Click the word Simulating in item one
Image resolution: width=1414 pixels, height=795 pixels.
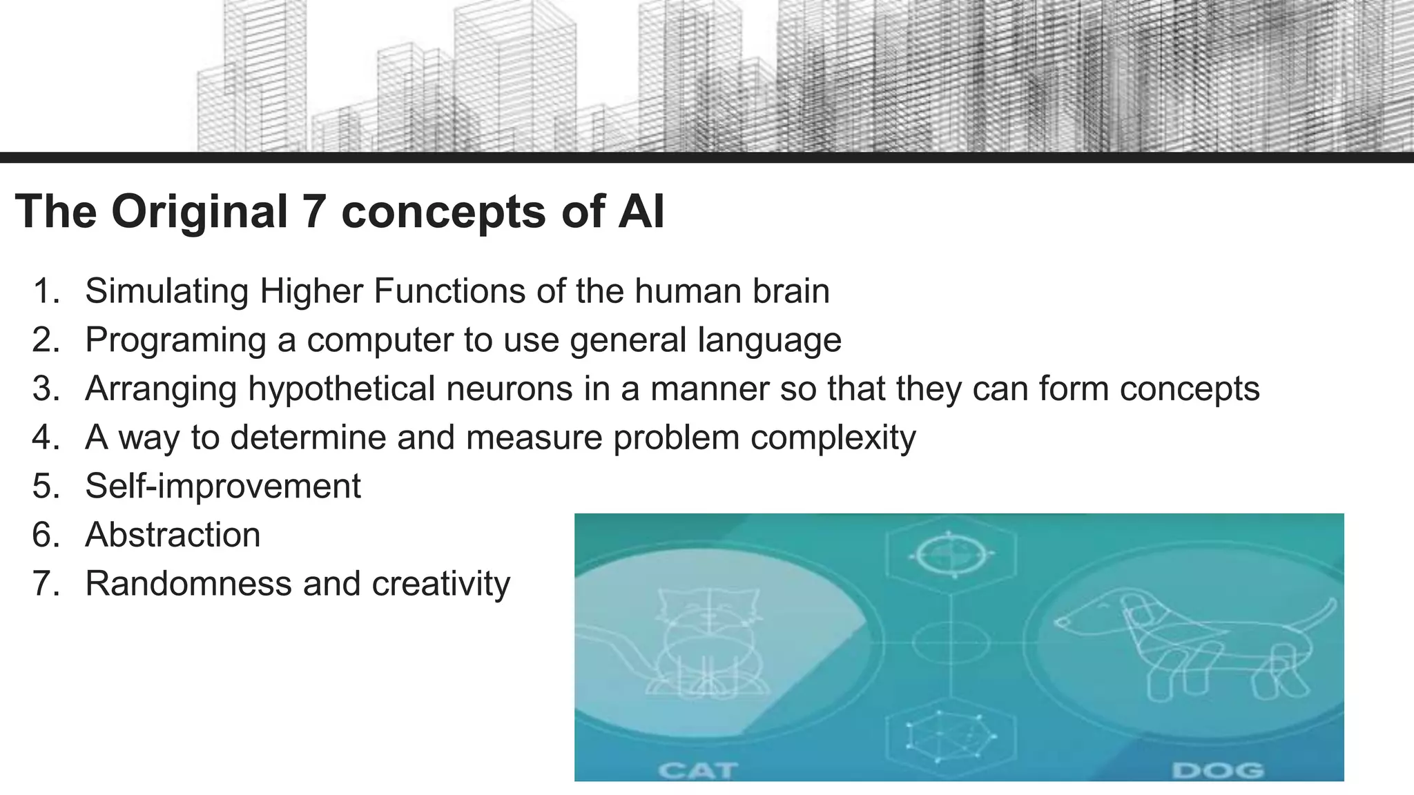166,291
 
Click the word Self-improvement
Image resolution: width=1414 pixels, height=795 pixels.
222,487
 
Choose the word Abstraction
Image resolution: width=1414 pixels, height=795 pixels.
173,535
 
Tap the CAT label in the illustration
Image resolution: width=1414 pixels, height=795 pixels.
697,769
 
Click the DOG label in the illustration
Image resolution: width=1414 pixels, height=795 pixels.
1218,769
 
